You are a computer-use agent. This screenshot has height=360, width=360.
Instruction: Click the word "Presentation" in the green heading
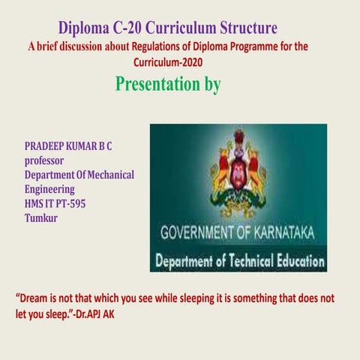pyautogui.click(x=158, y=84)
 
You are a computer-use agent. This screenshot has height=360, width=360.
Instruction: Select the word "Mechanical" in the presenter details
pyautogui.click(x=108, y=175)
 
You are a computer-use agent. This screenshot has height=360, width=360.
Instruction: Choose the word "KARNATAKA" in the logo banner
pyautogui.click(x=284, y=232)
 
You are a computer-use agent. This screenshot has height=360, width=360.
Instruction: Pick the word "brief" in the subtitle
pyautogui.click(x=52, y=47)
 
